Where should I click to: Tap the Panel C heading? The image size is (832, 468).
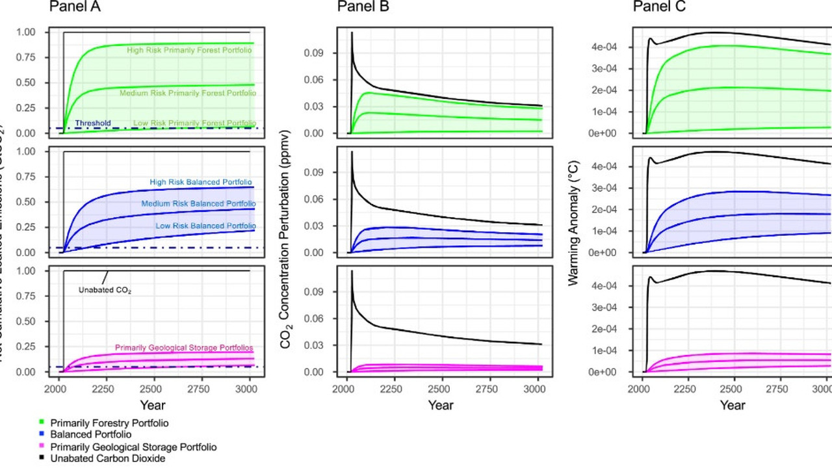[659, 7]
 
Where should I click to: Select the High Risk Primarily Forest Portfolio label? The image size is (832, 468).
[190, 49]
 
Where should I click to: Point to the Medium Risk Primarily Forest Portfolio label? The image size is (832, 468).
[188, 94]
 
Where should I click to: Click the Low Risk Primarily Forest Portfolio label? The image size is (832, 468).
[194, 123]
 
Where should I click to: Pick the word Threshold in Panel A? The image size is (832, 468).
[93, 123]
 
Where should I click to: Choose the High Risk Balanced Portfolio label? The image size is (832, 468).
[201, 183]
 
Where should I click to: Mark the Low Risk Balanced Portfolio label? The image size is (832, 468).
[205, 226]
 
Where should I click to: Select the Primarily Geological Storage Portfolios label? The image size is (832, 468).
[184, 348]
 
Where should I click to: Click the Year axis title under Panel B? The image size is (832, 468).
[440, 406]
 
